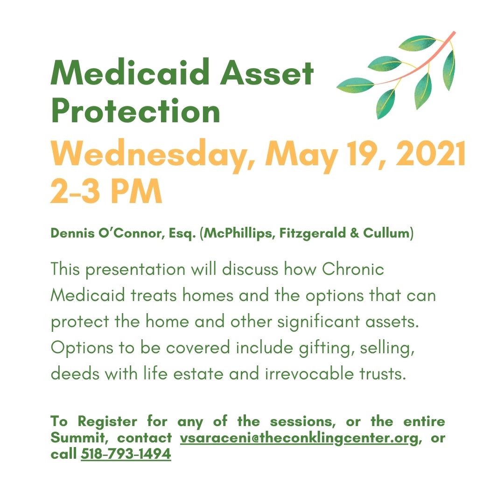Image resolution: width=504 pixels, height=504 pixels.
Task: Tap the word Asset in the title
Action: [266, 73]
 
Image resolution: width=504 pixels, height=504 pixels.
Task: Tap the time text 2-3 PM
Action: [106, 191]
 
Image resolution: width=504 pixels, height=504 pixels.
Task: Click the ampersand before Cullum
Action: [354, 233]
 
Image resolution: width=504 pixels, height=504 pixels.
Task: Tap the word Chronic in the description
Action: [353, 269]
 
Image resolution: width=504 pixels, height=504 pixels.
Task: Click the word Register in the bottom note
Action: [107, 422]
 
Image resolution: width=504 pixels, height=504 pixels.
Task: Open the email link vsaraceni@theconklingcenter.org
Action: [299, 438]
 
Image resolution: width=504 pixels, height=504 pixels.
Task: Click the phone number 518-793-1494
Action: [126, 454]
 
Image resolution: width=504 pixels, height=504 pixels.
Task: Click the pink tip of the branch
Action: [454, 33]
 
